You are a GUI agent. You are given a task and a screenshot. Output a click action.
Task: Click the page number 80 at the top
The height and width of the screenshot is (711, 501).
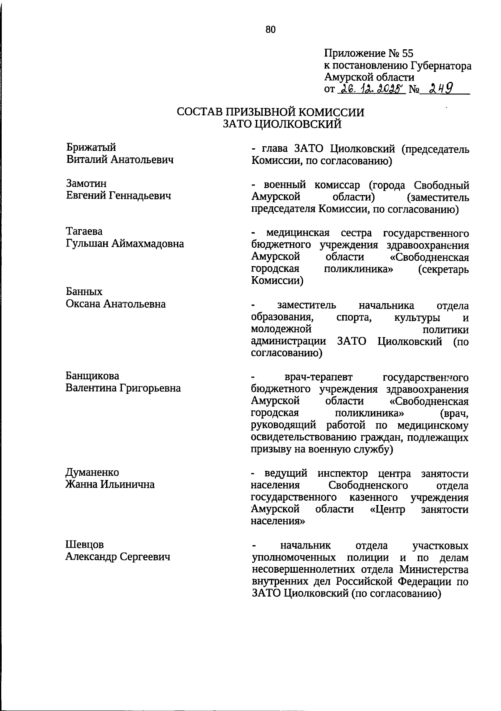(270, 29)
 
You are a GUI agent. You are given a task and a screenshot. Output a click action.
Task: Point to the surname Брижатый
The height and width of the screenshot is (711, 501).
(91, 147)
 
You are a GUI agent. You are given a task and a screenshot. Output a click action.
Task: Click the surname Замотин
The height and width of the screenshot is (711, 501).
(86, 183)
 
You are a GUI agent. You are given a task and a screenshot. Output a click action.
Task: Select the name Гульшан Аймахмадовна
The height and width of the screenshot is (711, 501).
(125, 243)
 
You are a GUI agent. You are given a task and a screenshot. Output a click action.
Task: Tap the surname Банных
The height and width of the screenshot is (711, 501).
(84, 292)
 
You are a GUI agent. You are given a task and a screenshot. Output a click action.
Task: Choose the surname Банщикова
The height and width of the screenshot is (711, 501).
(92, 376)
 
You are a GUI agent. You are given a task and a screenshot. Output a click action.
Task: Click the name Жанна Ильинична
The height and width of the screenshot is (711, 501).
(110, 485)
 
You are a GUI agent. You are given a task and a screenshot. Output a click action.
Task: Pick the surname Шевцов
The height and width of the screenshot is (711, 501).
(85, 545)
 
